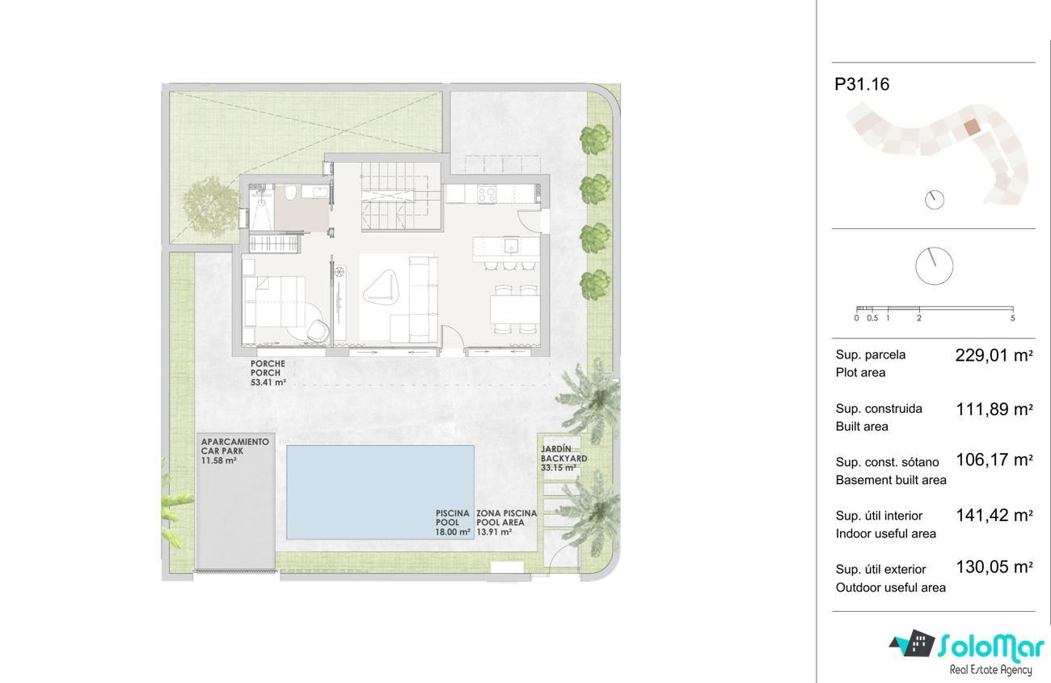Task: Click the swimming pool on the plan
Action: click(x=380, y=492)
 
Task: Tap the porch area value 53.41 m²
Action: click(x=268, y=383)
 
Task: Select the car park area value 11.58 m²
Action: click(x=218, y=460)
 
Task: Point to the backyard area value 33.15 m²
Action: click(x=559, y=468)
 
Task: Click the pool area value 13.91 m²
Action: click(x=494, y=532)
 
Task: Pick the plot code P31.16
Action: click(x=862, y=84)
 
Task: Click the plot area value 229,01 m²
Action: click(x=994, y=355)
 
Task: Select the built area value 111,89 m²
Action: click(x=994, y=409)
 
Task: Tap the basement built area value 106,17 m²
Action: click(x=994, y=460)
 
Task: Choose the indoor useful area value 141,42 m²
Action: click(x=994, y=515)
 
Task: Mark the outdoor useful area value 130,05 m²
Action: click(x=994, y=567)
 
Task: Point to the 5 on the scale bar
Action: click(x=1012, y=319)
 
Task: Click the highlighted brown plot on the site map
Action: click(x=972, y=127)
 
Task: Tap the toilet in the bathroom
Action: click(x=290, y=193)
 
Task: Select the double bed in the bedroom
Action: click(x=274, y=302)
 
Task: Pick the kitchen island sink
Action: click(x=511, y=245)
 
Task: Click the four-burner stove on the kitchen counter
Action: click(x=487, y=194)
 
